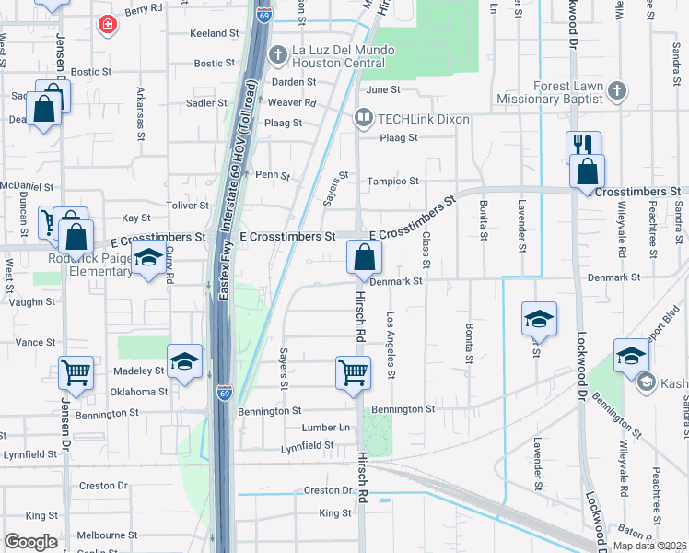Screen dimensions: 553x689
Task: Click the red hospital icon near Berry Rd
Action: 108,24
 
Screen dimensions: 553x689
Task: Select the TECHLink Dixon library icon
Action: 364,119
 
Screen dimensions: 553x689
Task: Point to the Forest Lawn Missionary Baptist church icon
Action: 617,90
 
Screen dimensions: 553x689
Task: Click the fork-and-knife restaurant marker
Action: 583,147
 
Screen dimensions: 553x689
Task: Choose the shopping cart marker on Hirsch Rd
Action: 353,373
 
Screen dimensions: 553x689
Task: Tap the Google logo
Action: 30,542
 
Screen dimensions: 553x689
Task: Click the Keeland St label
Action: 214,33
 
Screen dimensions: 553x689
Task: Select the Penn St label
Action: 273,175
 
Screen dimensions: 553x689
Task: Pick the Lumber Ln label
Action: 326,428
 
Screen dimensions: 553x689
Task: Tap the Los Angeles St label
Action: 391,345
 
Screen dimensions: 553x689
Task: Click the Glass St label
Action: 426,245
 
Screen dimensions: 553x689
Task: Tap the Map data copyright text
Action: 649,546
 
